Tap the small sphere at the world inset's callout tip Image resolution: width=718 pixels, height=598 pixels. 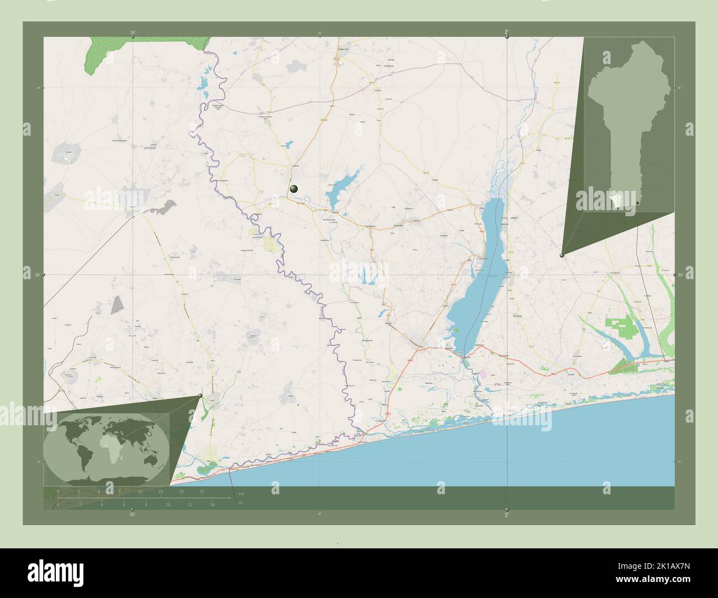200,395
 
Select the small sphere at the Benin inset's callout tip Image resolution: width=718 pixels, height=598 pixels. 562,255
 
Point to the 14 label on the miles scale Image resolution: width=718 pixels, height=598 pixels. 212,505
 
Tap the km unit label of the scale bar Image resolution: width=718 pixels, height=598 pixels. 240,493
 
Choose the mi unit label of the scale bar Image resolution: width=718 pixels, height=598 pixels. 240,503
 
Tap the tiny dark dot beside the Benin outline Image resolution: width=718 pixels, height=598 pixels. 637,204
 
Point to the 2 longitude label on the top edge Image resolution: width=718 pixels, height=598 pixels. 506,33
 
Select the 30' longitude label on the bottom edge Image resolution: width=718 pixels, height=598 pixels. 132,514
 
